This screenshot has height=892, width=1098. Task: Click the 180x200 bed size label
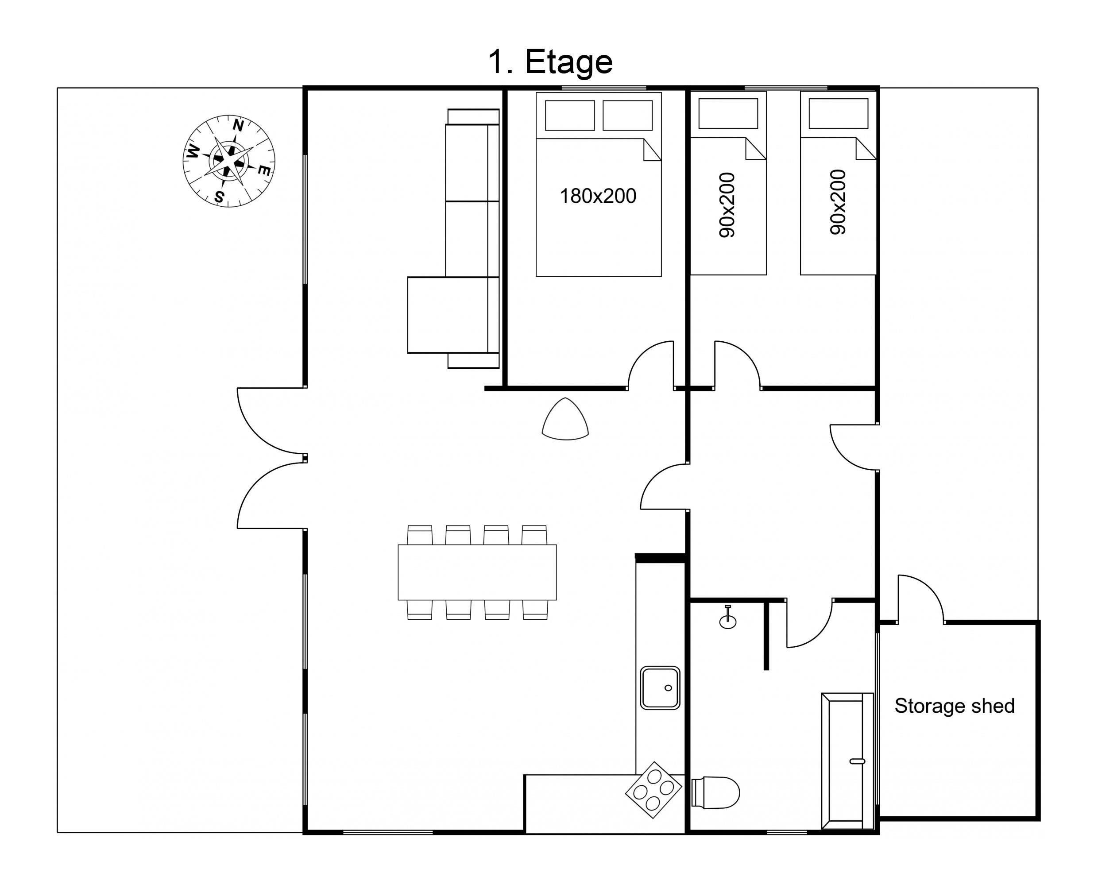coord(598,196)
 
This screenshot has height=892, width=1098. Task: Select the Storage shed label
coord(954,706)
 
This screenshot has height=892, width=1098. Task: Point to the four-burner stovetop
coord(653,790)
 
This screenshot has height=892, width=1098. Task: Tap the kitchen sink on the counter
coord(660,688)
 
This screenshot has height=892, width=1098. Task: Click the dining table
coord(477,572)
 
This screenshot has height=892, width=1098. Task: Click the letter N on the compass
coord(238,125)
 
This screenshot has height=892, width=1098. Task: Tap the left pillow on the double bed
coord(570,115)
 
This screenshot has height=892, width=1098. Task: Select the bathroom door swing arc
coord(819,633)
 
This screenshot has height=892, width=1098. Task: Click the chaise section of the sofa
coord(447,315)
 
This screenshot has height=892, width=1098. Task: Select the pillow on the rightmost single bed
coord(838,113)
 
